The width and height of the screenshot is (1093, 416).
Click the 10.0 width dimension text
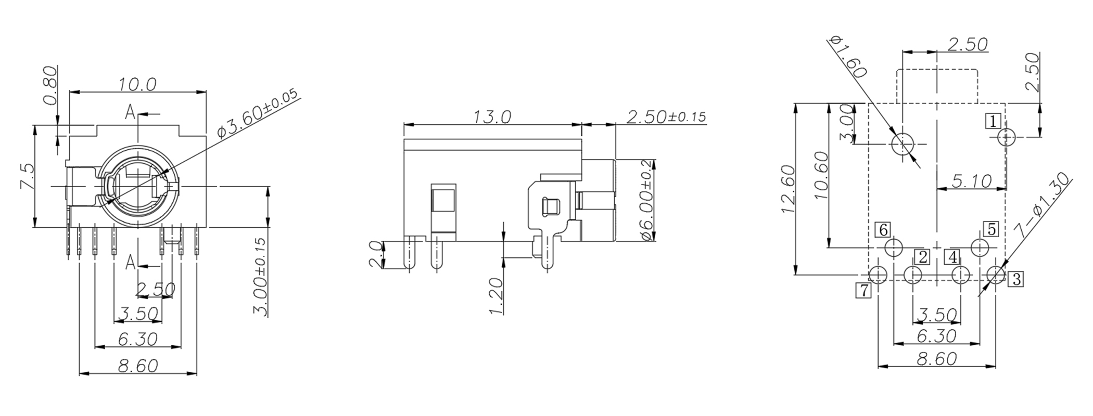[x=137, y=84]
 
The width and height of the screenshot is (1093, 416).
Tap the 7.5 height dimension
[x=26, y=177]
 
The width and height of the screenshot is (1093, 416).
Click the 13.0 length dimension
[x=492, y=116]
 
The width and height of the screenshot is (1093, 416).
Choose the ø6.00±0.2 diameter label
[x=646, y=200]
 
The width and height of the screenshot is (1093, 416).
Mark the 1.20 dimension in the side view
[x=496, y=296]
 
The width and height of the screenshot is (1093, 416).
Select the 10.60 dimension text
[x=820, y=175]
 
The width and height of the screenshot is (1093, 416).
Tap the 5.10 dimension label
[x=971, y=180]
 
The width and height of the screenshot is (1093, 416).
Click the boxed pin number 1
[x=993, y=122]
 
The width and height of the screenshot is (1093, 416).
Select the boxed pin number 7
[x=863, y=290]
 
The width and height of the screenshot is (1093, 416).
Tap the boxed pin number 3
[x=1015, y=279]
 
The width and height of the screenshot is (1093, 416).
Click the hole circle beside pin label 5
[x=980, y=248]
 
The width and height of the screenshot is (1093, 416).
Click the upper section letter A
[x=130, y=111]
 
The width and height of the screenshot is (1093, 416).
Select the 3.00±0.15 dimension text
[x=260, y=277]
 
